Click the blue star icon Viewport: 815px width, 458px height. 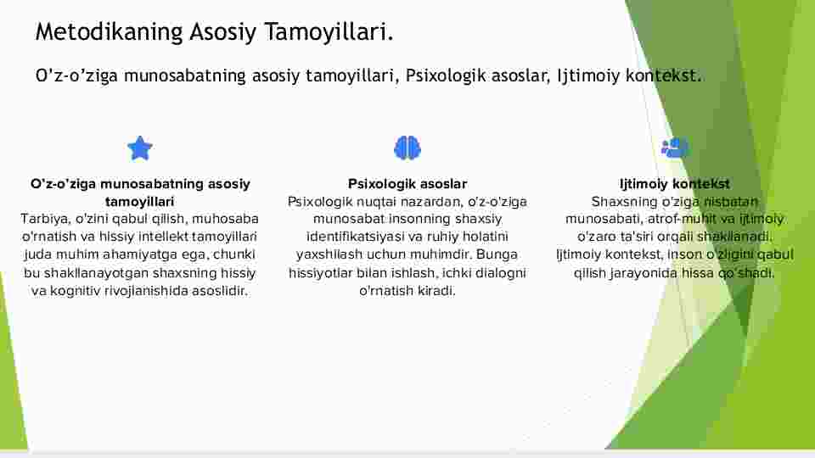tap(140, 148)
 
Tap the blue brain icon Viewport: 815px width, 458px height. tap(407, 148)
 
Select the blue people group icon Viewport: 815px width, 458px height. tap(675, 148)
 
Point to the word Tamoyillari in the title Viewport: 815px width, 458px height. tap(329, 31)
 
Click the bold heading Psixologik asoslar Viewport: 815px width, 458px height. tap(407, 184)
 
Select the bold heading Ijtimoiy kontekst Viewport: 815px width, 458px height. tap(675, 184)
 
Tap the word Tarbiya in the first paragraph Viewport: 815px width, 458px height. tap(45, 219)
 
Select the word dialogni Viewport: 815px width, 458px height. tap(498, 272)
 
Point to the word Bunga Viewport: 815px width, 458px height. tap(497, 254)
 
